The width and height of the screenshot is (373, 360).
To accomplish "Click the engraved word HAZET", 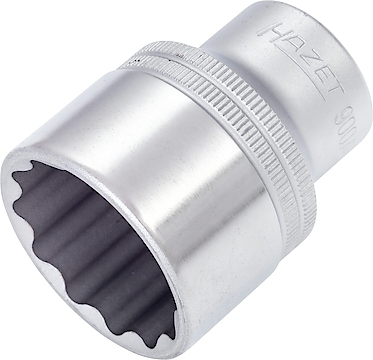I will click(294, 59).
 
